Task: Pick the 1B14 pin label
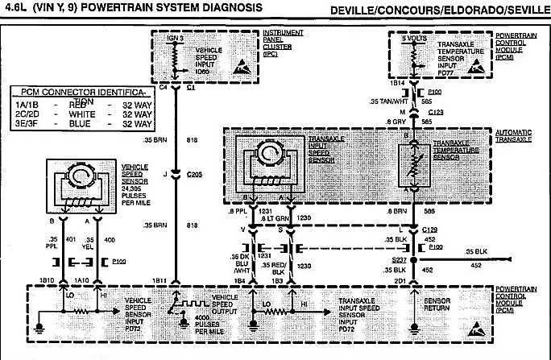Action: tap(397, 83)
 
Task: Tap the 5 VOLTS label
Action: tap(415, 39)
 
